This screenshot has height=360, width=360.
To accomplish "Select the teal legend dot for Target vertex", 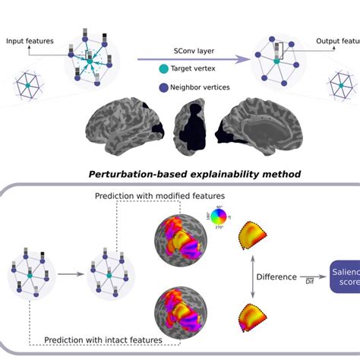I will pyautogui.click(x=163, y=69).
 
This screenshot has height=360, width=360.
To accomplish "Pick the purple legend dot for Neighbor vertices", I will pyautogui.click(x=163, y=87).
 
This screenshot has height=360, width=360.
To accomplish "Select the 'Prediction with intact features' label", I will pyautogui.click(x=104, y=340).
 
